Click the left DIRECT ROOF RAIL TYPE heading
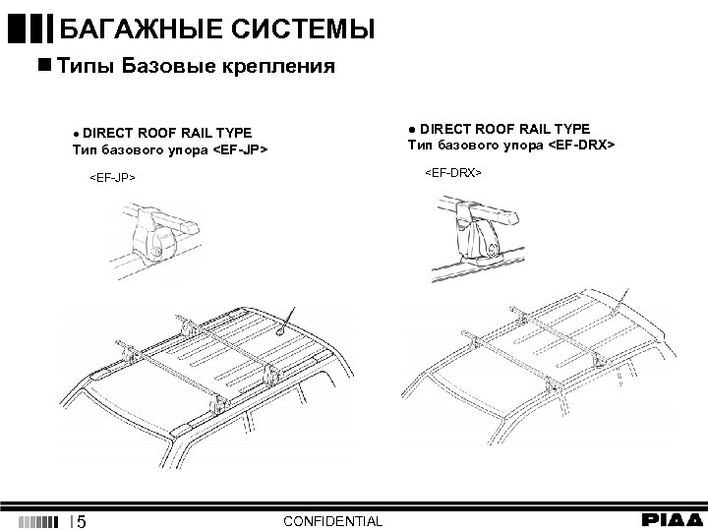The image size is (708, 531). (162, 133)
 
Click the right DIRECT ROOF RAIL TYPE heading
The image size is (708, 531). (499, 129)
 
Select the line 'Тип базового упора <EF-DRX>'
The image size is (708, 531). (511, 146)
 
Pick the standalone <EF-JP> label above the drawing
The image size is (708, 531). (111, 178)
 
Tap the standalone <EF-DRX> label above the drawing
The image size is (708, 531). (452, 172)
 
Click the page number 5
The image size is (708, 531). (82, 520)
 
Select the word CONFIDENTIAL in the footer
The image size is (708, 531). (332, 520)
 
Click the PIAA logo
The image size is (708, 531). (673, 520)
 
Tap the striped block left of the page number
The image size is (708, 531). (39, 520)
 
